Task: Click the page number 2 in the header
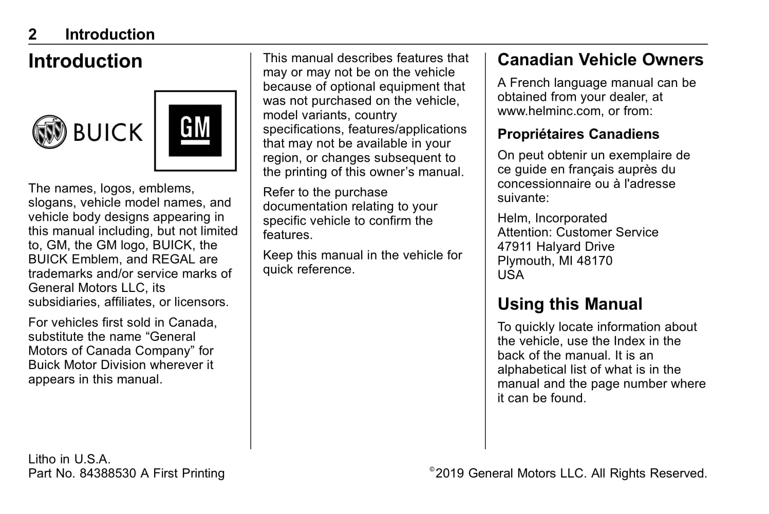click(33, 34)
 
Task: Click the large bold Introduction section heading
click(85, 61)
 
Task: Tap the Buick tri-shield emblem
click(49, 132)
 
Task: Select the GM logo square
click(195, 131)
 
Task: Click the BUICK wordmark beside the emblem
click(108, 132)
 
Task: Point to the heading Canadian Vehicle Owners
click(600, 60)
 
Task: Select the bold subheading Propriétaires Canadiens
click(578, 134)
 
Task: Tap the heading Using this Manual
click(570, 304)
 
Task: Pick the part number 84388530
click(108, 473)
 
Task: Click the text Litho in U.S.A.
click(69, 459)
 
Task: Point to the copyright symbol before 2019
click(432, 469)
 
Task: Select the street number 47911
click(515, 247)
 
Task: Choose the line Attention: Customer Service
click(577, 232)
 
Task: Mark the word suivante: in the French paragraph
click(523, 198)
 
